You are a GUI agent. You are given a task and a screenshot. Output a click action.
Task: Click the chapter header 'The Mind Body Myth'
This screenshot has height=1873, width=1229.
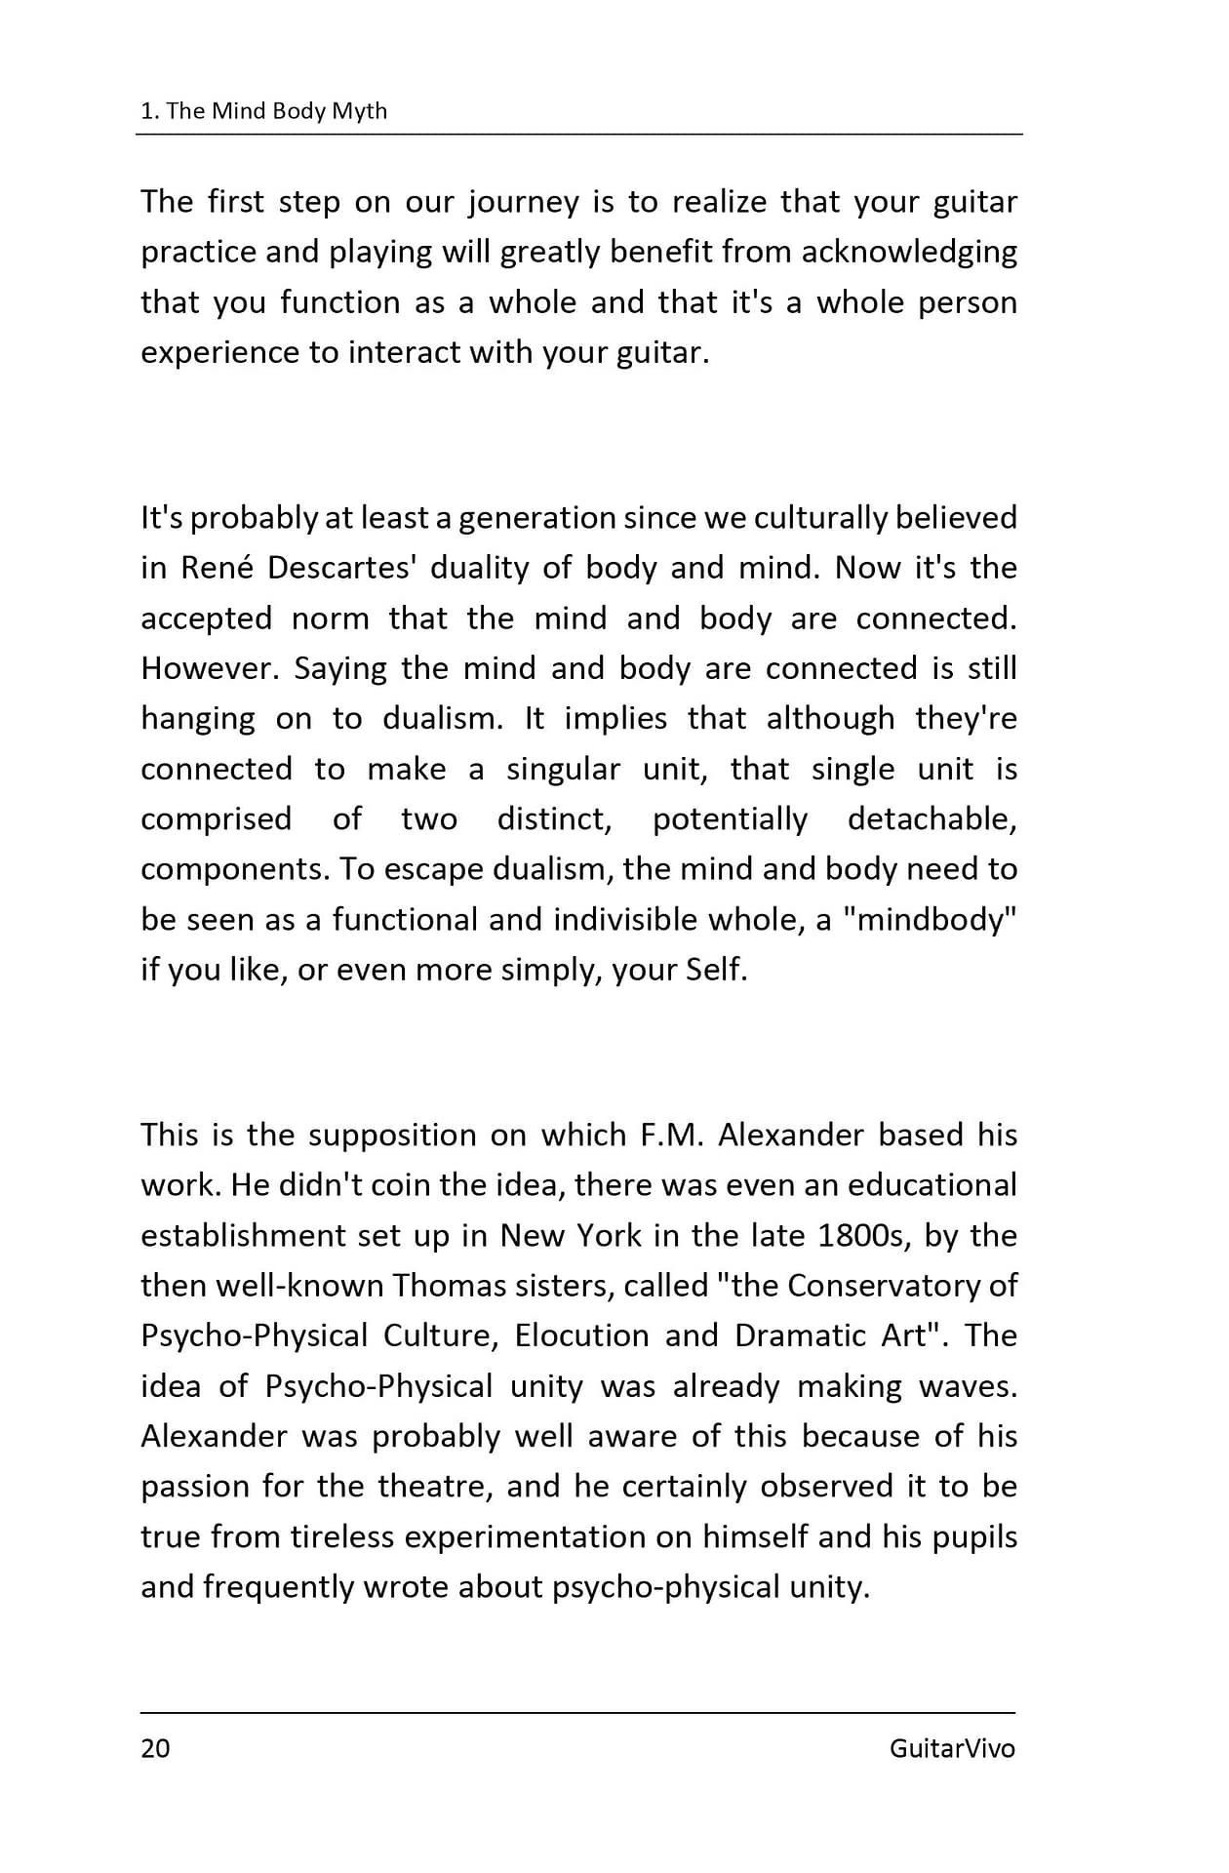(x=276, y=111)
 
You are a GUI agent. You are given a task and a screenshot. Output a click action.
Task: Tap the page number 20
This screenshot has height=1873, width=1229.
(x=155, y=1747)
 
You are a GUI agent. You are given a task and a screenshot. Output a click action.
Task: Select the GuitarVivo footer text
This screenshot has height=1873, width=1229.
(x=951, y=1747)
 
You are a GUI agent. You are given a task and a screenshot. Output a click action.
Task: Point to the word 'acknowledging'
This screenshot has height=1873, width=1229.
(x=909, y=253)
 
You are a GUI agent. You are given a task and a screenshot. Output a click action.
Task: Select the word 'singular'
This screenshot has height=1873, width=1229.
(x=563, y=770)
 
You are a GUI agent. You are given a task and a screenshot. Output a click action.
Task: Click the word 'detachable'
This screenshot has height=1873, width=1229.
(x=931, y=819)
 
